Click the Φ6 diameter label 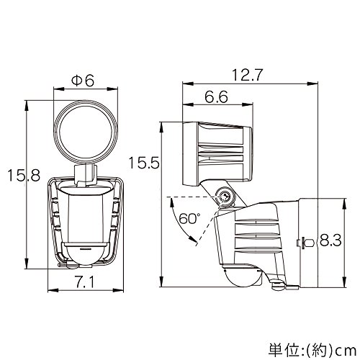coord(83,81)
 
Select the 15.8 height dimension coord(24,175)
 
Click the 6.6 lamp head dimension coord(216,96)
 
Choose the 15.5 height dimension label coord(144,163)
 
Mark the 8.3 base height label coord(330,240)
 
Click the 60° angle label coord(189,219)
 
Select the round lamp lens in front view coord(86,132)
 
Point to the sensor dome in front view coord(84,254)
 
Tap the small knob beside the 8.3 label coord(305,243)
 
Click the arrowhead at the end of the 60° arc coord(192,239)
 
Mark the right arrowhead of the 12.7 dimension coord(312,84)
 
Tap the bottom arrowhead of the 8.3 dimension coord(345,282)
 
